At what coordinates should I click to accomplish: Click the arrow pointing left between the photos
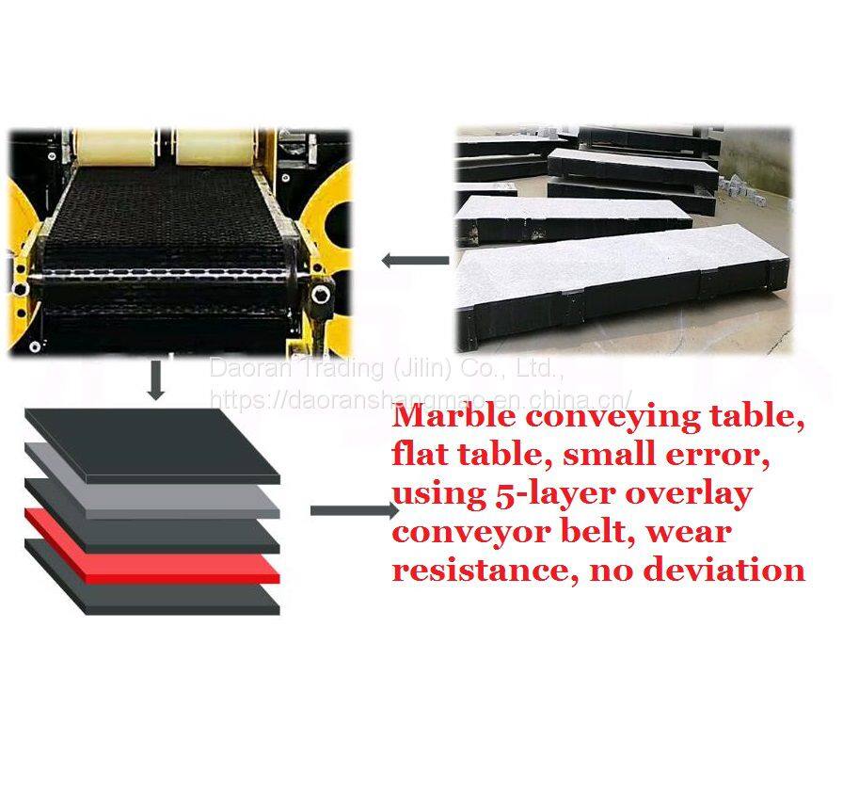[x=414, y=260]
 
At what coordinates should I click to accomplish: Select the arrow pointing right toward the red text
[x=354, y=511]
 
